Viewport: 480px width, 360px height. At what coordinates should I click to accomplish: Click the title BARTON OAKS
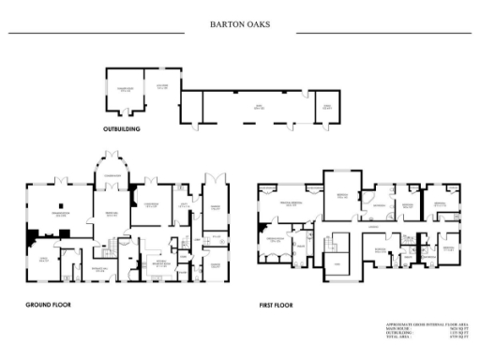click(x=239, y=24)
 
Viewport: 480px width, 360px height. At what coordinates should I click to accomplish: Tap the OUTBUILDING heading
click(x=122, y=128)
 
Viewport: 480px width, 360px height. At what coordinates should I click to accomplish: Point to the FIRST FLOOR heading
click(x=277, y=305)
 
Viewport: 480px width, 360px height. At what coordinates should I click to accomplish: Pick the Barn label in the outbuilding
click(x=250, y=110)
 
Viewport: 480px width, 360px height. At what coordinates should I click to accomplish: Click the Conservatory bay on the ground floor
click(x=112, y=176)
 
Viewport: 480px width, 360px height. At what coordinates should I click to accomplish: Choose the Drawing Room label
click(x=59, y=215)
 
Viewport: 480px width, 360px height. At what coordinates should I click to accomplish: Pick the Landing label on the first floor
click(x=373, y=228)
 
